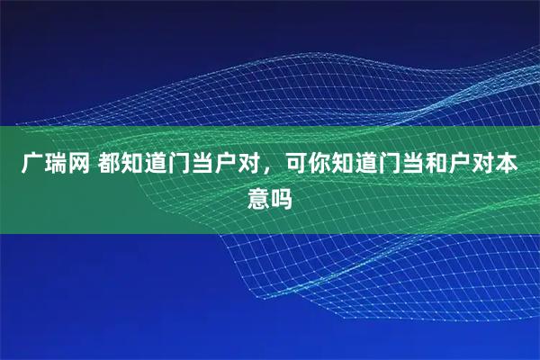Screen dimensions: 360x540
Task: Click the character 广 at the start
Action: [x=32, y=165]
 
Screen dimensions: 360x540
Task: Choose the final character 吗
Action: [x=282, y=195]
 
